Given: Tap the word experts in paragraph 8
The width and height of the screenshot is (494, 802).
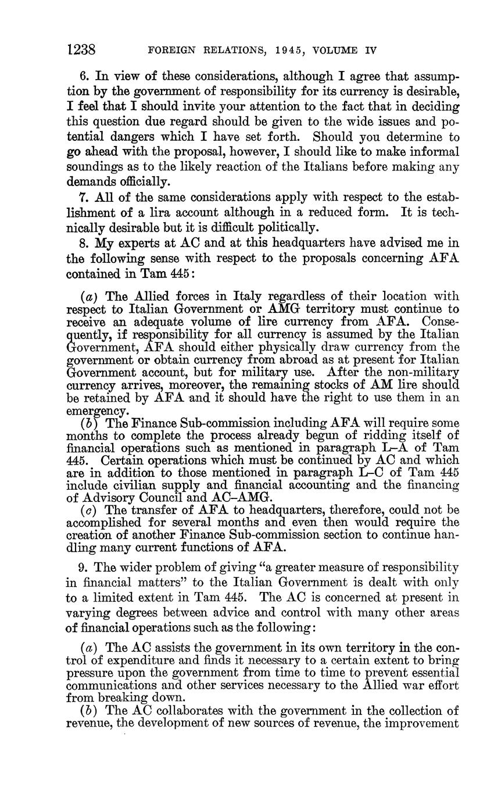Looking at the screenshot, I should tap(147, 243).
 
